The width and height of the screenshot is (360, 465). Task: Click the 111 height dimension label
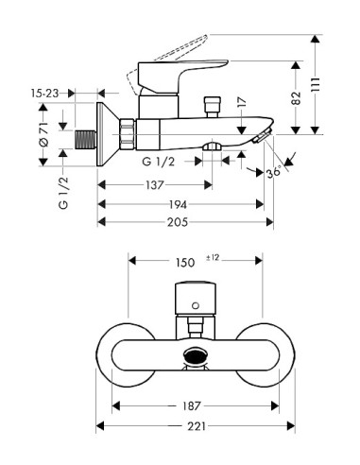[x=316, y=85]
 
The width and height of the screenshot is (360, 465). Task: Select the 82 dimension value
[x=296, y=98]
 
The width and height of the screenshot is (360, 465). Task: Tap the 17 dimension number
[x=242, y=102]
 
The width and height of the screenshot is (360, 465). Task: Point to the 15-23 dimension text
[x=45, y=94]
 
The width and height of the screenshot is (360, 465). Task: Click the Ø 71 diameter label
[x=43, y=134]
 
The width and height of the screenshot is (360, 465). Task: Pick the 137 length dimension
[x=155, y=185]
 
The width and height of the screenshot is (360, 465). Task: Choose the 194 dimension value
[x=178, y=204]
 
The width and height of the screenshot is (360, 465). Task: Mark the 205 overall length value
[x=178, y=222]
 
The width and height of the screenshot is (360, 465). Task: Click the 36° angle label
[x=273, y=172]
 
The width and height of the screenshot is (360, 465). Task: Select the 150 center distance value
[x=185, y=262]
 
